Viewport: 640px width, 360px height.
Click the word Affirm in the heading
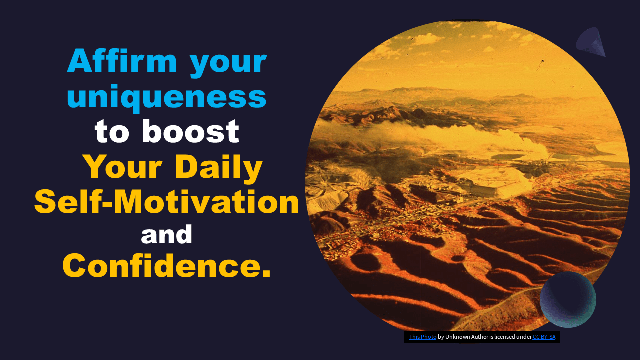coord(122,61)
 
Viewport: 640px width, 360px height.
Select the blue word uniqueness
coord(167,97)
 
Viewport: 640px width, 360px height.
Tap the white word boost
coord(190,131)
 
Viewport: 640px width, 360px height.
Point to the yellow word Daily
coord(218,168)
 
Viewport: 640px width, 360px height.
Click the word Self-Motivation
coord(167,202)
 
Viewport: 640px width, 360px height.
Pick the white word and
coord(167,234)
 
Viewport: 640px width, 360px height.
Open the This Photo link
coord(423,337)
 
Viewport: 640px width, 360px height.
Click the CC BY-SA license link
coord(544,337)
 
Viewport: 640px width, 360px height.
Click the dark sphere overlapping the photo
coord(568,299)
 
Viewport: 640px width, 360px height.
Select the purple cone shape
coord(591,43)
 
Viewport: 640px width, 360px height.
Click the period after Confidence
coord(266,273)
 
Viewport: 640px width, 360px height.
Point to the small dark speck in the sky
coord(542,61)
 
